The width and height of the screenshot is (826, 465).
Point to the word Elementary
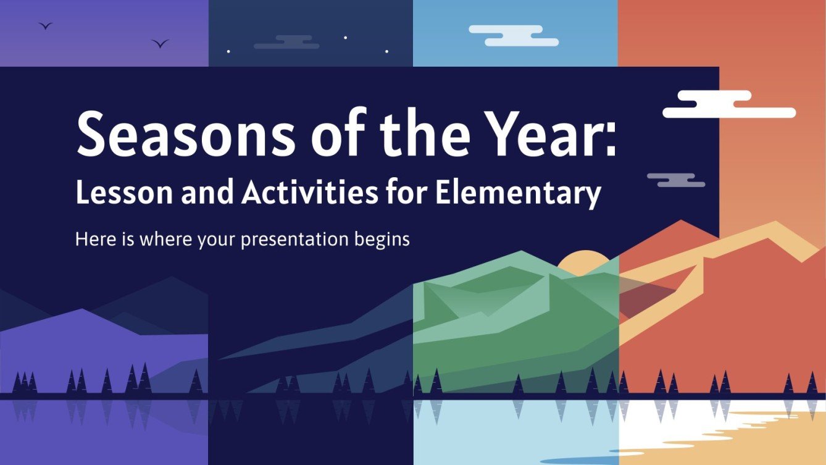pos(518,195)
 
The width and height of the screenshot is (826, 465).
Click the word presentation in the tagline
pos(294,240)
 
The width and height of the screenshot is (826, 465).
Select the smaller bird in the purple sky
pos(45,26)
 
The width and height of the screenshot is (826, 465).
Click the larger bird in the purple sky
pos(160,43)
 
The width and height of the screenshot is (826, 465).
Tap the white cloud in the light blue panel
pos(514,36)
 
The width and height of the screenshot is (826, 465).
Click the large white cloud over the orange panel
pos(729,104)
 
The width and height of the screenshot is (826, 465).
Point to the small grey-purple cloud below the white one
pos(676,180)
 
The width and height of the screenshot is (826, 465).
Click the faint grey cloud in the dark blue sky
pos(286,42)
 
